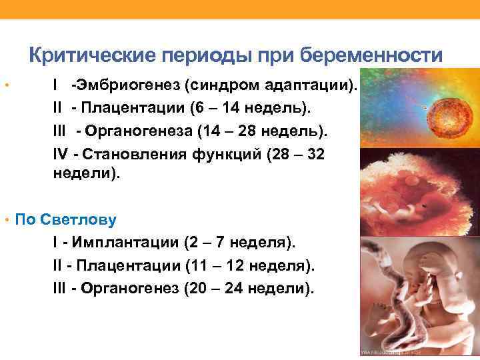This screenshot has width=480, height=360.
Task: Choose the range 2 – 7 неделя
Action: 238,241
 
